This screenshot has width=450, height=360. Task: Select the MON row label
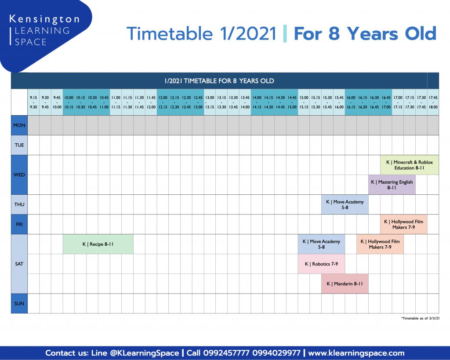pyautogui.click(x=19, y=125)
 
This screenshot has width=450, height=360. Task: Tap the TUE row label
pyautogui.click(x=19, y=145)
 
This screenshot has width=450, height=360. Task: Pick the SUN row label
pyautogui.click(x=19, y=303)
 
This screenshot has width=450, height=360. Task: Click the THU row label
pyautogui.click(x=19, y=204)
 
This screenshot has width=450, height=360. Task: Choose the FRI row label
pyautogui.click(x=19, y=224)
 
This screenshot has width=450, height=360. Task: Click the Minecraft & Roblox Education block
pyautogui.click(x=410, y=165)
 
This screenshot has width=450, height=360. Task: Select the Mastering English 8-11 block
pyautogui.click(x=392, y=185)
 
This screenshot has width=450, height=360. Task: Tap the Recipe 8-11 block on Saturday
pyautogui.click(x=98, y=244)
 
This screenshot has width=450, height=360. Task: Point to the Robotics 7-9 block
pyautogui.click(x=321, y=264)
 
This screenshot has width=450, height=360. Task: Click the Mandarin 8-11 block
pyautogui.click(x=345, y=284)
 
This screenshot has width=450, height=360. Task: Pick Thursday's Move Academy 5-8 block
pyautogui.click(x=345, y=204)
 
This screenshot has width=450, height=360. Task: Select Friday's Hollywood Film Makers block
pyautogui.click(x=403, y=224)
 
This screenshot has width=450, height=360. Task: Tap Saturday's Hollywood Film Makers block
pyautogui.click(x=380, y=244)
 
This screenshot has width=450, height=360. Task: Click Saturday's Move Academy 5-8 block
pyautogui.click(x=321, y=244)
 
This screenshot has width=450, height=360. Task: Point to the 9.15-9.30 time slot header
pyautogui.click(x=33, y=102)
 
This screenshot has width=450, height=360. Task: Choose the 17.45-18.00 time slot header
pyautogui.click(x=433, y=102)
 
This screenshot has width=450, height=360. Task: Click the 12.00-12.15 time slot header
pyautogui.click(x=163, y=102)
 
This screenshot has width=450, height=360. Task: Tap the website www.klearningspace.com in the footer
pyautogui.click(x=356, y=353)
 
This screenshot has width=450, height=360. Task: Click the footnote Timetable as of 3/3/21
pyautogui.click(x=420, y=318)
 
